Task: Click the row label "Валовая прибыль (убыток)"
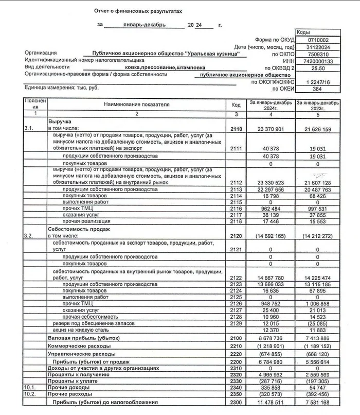coord(83,338)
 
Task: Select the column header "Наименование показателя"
coord(136,105)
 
